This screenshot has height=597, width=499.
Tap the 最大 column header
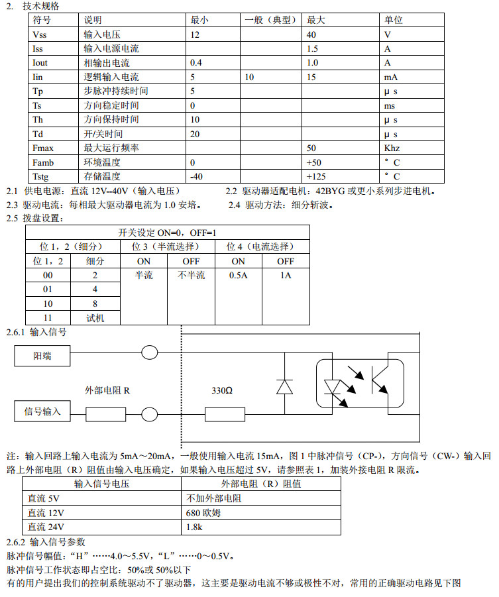pyautogui.click(x=315, y=20)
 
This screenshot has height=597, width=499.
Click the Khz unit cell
pyautogui.click(x=392, y=148)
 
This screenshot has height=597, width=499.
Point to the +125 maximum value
pyautogui.click(x=317, y=176)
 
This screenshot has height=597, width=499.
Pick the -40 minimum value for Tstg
pyautogui.click(x=196, y=176)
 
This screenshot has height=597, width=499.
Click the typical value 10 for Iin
pyautogui.click(x=249, y=77)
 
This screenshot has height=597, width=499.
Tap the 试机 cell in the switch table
pyautogui.click(x=95, y=317)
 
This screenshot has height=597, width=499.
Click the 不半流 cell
pyautogui.click(x=191, y=275)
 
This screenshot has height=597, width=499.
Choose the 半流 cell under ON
pyautogui.click(x=144, y=275)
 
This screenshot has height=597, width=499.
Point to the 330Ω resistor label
pyautogui.click(x=222, y=391)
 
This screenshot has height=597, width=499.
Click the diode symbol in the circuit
pyautogui.click(x=285, y=386)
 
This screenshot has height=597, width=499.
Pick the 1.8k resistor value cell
pyautogui.click(x=195, y=527)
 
